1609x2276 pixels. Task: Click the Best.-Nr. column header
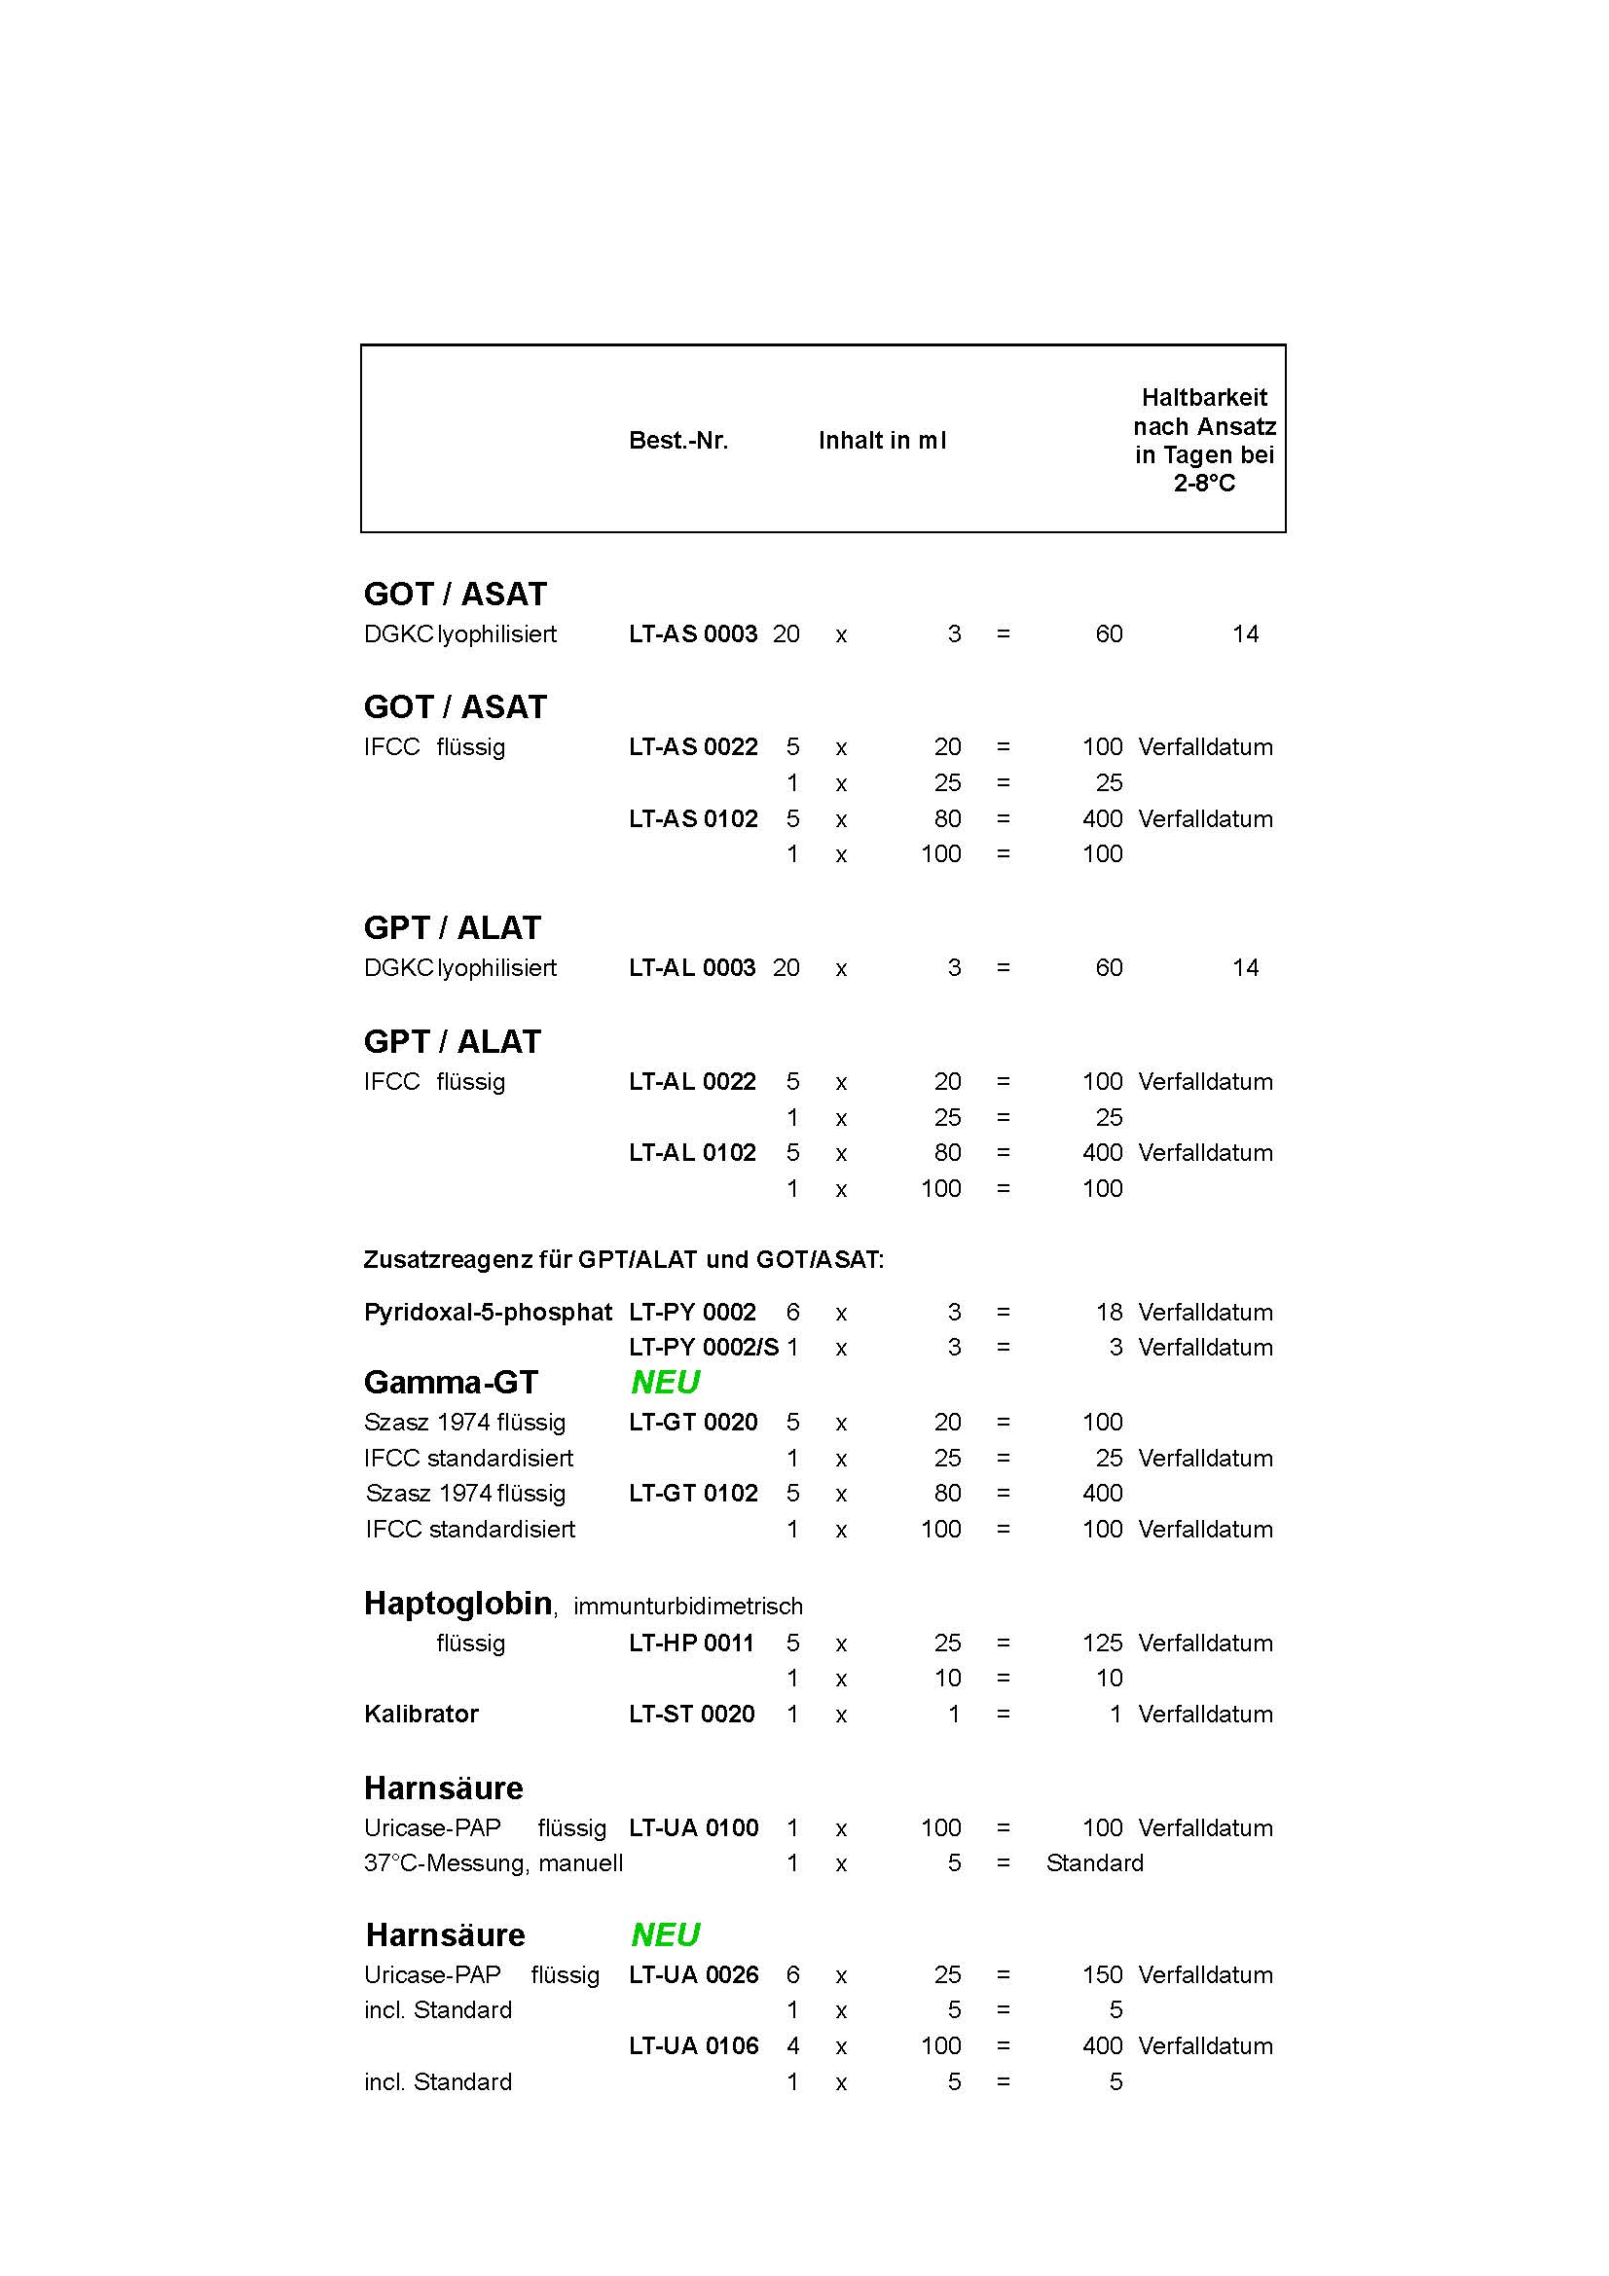point(678,441)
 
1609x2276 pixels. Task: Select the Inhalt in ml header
point(881,441)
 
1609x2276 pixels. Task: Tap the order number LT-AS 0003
point(693,634)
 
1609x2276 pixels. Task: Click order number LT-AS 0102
point(693,818)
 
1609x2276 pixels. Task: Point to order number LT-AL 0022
point(692,1081)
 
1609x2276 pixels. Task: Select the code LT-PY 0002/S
point(703,1347)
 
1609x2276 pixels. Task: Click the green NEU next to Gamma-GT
point(665,1382)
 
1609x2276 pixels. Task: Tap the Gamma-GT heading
point(450,1382)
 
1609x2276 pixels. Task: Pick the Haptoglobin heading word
point(458,1604)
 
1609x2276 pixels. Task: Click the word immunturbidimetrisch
point(688,1607)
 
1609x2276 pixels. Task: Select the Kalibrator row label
point(421,1714)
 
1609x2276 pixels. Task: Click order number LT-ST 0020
point(692,1714)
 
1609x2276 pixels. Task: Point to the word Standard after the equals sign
point(1094,1862)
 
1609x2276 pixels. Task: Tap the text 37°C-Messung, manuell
point(494,1862)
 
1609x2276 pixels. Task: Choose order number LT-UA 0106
point(693,2045)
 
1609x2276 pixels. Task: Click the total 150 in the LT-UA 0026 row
point(1103,1974)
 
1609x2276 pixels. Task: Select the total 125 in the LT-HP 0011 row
point(1103,1643)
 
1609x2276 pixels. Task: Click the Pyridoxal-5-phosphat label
point(488,1313)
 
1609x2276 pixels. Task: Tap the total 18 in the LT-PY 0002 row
point(1110,1313)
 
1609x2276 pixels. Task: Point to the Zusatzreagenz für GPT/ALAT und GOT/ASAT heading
point(624,1260)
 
